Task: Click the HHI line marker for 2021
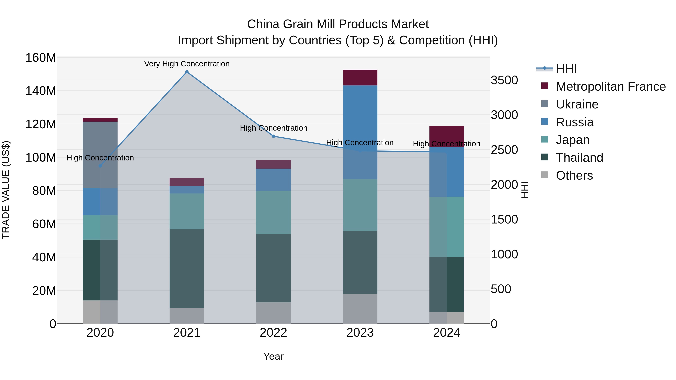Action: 187,72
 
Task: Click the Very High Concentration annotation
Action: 187,64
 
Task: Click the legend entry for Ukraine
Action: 577,104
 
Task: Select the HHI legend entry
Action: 566,69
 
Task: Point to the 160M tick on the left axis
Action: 41,58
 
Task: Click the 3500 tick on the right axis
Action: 504,80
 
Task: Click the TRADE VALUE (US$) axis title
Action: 6,190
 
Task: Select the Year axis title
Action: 273,356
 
